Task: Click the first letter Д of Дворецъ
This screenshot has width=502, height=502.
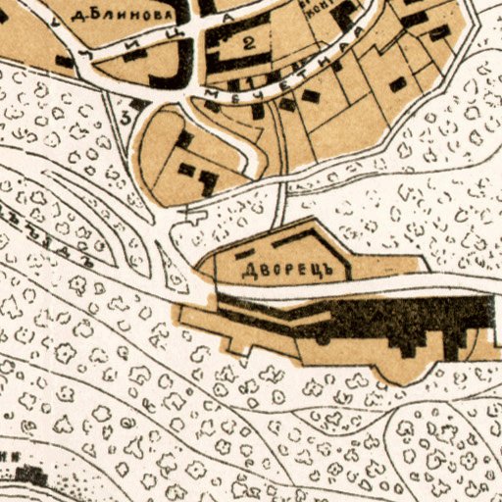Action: pyautogui.click(x=246, y=267)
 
